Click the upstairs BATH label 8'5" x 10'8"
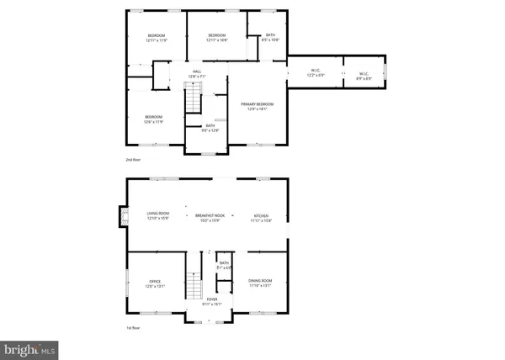pos(270,38)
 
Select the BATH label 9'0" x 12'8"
pos(209,128)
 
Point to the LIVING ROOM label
pos(157,218)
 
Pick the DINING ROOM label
pos(261,283)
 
